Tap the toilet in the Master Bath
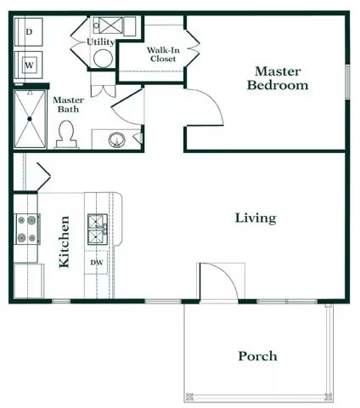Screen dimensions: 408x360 (x=65, y=133)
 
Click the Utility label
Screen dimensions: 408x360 (x=101, y=42)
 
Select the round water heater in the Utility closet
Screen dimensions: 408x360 (x=104, y=59)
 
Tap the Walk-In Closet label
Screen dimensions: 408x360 (x=162, y=55)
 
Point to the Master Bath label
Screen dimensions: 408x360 (x=68, y=105)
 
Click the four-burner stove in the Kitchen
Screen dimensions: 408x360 (x=26, y=229)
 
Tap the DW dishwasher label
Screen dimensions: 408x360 (x=97, y=263)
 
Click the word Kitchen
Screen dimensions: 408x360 (x=65, y=242)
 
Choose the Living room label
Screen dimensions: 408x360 (x=255, y=218)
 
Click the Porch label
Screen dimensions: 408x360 (x=256, y=356)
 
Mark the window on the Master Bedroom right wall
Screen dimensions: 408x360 (x=346, y=81)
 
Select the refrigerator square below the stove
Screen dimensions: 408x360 (x=27, y=280)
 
